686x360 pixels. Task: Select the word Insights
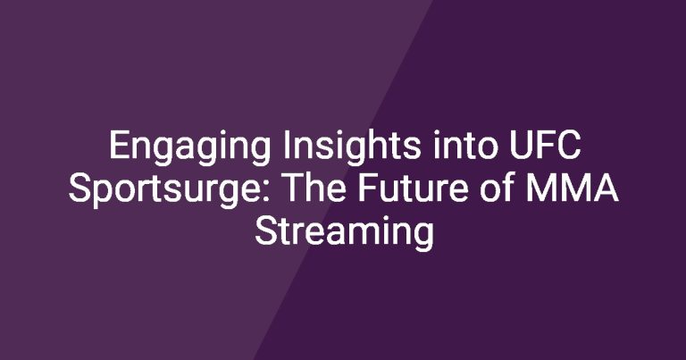click(x=352, y=146)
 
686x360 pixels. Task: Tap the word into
click(x=465, y=146)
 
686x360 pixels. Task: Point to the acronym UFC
click(x=545, y=146)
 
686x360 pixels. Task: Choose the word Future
click(x=413, y=188)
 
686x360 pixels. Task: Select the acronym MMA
click(x=572, y=188)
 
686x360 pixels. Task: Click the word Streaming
click(x=344, y=233)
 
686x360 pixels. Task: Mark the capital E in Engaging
click(x=119, y=146)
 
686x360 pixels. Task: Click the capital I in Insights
click(x=287, y=146)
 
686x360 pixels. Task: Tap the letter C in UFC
click(x=570, y=146)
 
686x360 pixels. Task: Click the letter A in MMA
click(x=607, y=188)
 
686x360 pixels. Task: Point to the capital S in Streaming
click(x=265, y=230)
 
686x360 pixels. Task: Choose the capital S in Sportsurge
click(x=79, y=188)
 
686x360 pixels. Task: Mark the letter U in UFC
click(x=520, y=146)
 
